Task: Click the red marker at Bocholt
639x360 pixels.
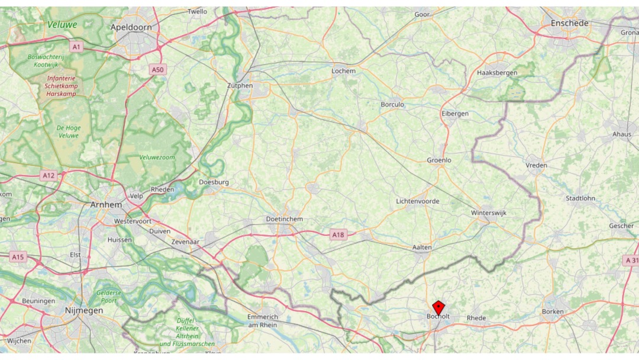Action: tap(438, 307)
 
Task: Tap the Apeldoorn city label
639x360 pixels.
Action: tap(131, 27)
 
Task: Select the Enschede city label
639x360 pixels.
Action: tap(569, 23)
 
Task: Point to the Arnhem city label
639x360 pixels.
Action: tap(106, 204)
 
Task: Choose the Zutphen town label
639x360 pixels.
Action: tap(240, 85)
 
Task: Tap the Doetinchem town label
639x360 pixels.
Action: tap(285, 219)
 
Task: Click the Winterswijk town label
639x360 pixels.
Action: tap(489, 213)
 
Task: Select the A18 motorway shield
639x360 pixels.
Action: tap(338, 235)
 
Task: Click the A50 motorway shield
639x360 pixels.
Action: tap(157, 70)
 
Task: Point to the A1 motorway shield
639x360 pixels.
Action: tap(76, 46)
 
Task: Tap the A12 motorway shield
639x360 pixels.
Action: tap(49, 175)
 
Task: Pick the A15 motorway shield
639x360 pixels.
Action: tap(18, 256)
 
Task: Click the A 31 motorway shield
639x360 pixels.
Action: tap(631, 260)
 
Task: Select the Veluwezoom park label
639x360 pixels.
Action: tap(157, 157)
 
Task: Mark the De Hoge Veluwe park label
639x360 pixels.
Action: tap(69, 131)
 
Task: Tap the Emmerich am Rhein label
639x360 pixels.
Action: tap(263, 320)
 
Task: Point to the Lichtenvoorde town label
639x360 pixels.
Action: tap(418, 201)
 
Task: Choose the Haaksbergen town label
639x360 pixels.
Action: tap(496, 73)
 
